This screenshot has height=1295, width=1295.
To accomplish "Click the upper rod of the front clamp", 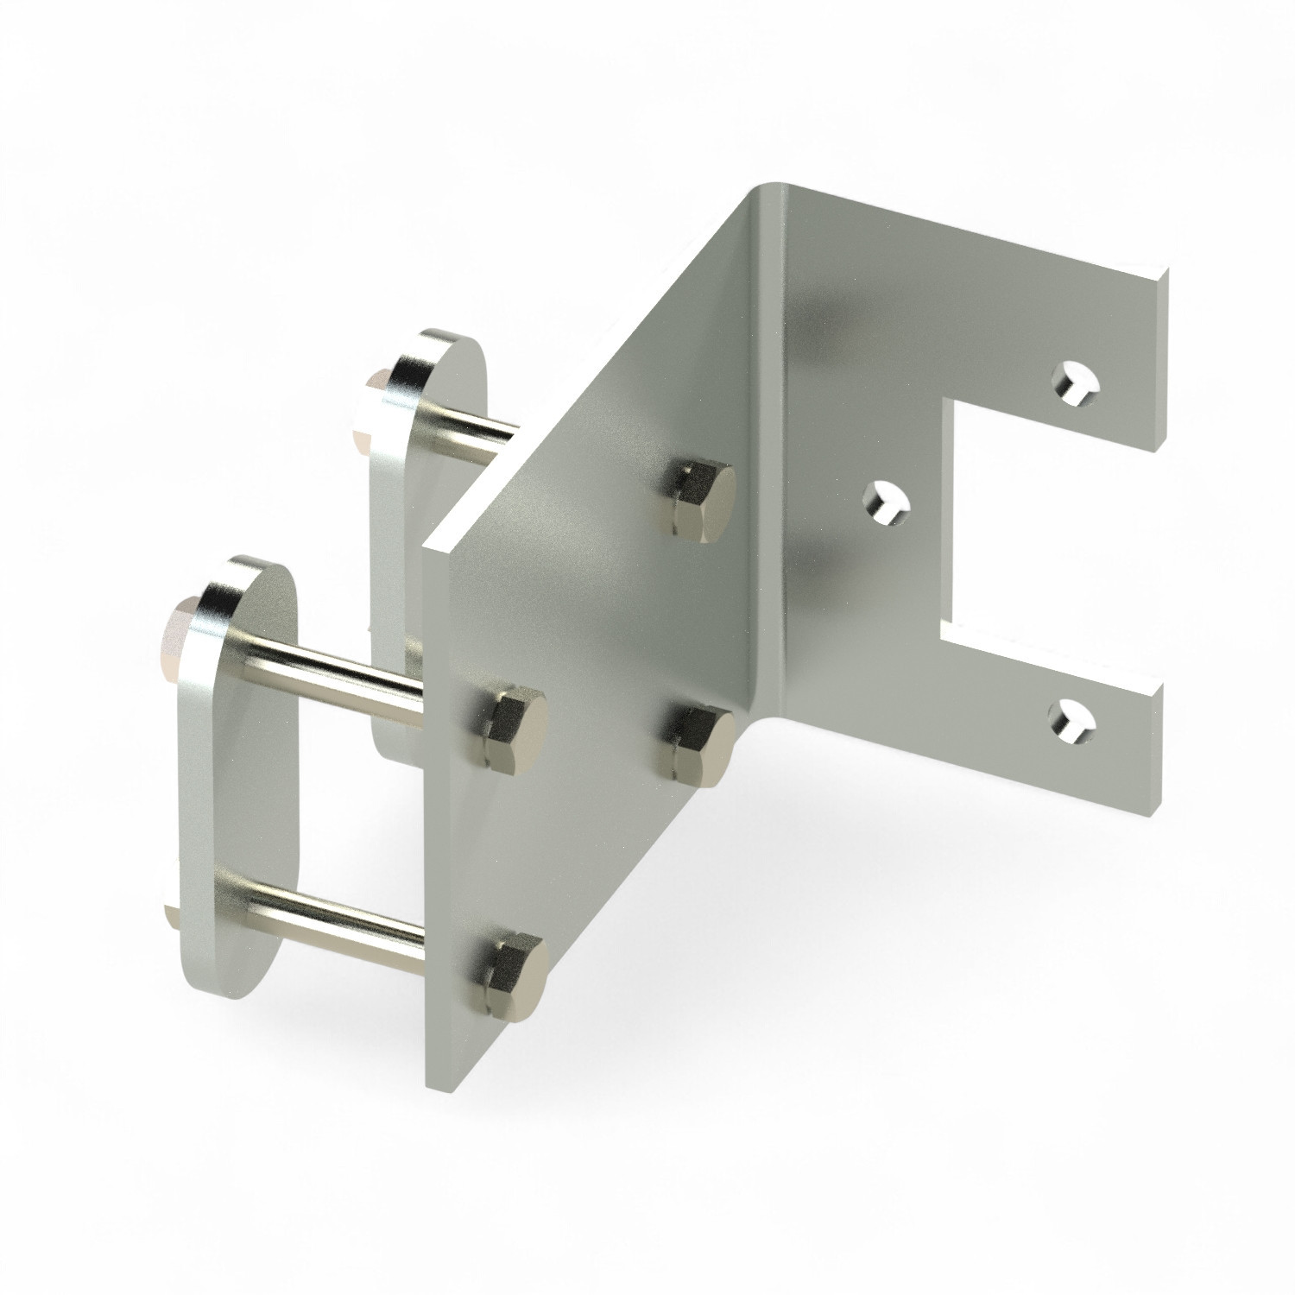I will point(337,678).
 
